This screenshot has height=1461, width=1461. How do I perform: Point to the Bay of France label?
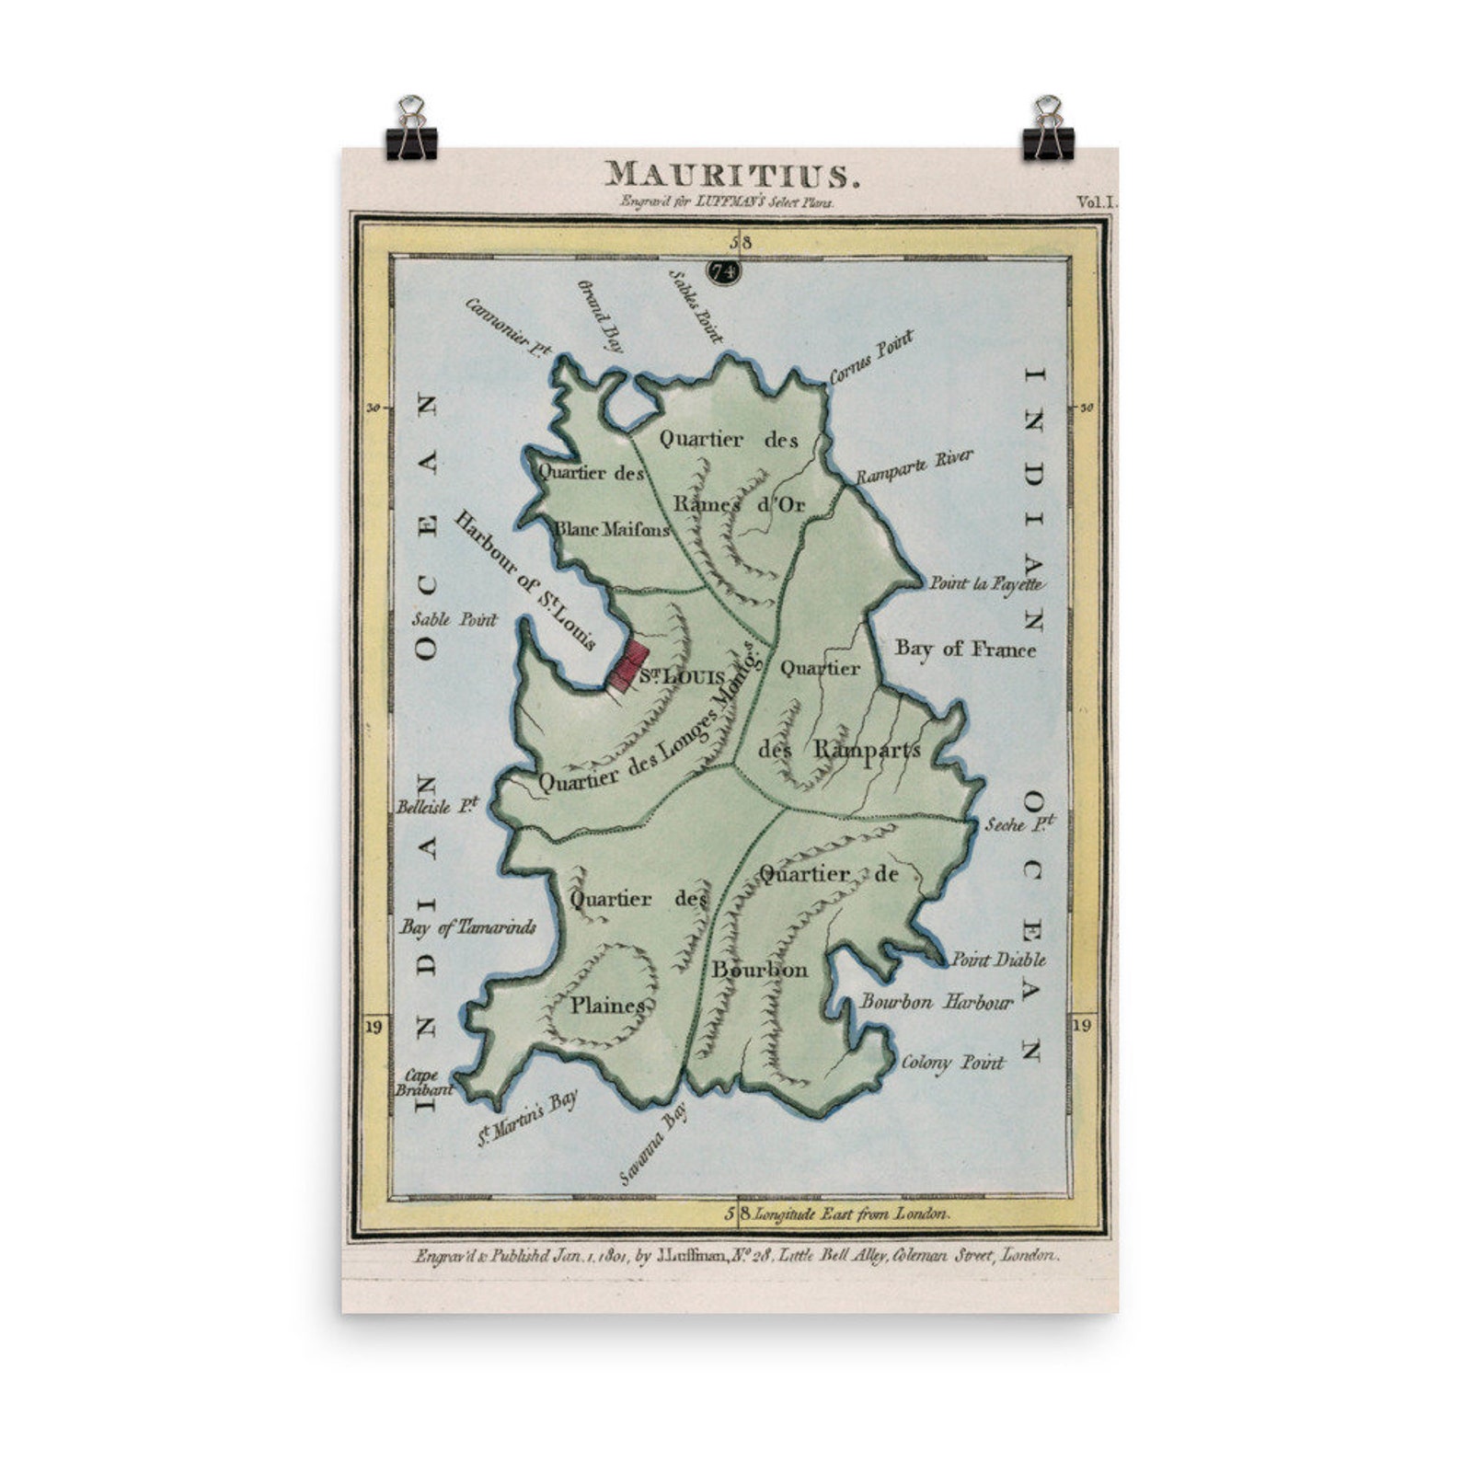coord(965,649)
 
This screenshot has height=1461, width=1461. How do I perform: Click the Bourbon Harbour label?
coord(937,1002)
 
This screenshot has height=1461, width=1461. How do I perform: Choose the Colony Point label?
coord(952,1063)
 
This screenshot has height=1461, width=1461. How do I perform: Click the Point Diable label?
coord(997,960)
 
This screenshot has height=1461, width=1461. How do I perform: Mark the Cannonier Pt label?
coord(508,328)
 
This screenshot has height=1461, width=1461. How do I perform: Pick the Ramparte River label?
coord(914,467)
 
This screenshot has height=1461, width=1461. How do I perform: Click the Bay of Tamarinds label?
coord(467,927)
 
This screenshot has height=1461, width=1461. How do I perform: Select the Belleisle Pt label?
coord(438,807)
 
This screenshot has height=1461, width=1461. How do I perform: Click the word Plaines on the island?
coord(607,1006)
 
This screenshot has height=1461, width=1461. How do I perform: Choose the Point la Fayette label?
coord(985,583)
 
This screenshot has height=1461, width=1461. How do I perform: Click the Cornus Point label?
coord(871,357)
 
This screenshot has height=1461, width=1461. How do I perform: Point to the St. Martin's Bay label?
coord(526,1120)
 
